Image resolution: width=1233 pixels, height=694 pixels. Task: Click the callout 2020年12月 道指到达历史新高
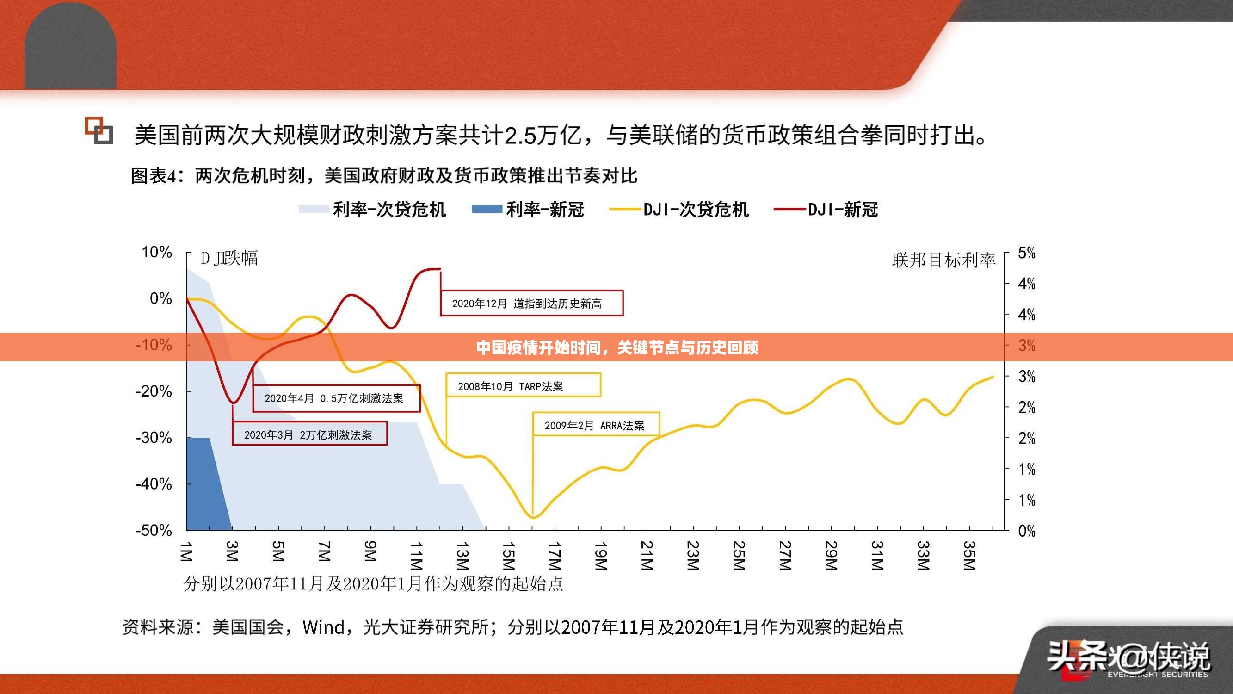(x=531, y=303)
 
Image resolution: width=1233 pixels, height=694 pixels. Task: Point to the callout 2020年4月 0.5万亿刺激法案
(x=336, y=398)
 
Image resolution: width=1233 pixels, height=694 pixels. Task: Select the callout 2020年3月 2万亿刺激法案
(x=309, y=434)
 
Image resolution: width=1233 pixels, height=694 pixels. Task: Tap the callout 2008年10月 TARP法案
(x=523, y=385)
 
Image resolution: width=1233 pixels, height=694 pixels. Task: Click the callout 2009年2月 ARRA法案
(x=595, y=425)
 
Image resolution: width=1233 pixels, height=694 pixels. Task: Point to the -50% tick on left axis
(x=154, y=530)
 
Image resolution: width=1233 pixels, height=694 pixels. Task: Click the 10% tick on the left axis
(x=156, y=252)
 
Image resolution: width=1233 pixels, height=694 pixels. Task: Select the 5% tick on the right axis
(x=1027, y=253)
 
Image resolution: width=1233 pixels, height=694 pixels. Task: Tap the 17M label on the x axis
(x=554, y=556)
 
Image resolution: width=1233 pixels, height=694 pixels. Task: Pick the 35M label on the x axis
(x=969, y=556)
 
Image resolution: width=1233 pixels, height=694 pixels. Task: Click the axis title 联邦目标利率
(x=943, y=260)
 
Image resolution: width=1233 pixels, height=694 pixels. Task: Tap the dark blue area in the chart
(x=203, y=484)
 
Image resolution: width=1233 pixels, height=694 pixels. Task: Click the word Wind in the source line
(x=324, y=627)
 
